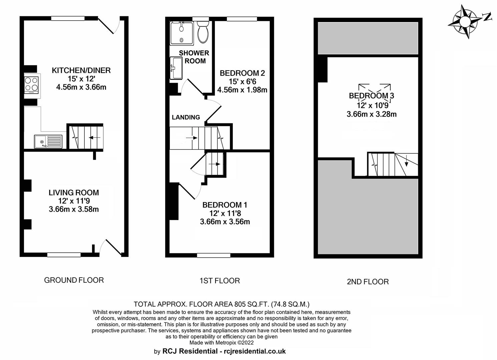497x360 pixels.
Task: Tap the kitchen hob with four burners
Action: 31,85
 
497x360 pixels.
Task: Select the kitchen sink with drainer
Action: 48,141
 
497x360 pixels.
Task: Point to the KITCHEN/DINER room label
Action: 81,70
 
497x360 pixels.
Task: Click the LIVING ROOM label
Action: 74,193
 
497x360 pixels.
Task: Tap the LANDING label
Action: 186,117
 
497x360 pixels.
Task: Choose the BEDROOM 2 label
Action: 242,73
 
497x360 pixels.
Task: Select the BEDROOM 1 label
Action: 225,205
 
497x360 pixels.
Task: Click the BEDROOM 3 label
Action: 372,96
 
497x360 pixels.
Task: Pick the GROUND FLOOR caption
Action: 74,280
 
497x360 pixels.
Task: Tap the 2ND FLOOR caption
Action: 368,282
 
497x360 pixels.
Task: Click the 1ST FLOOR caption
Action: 220,281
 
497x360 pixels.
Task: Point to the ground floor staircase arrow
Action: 94,138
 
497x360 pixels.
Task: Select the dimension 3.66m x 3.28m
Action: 372,114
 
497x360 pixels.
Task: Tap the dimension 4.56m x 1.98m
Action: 242,90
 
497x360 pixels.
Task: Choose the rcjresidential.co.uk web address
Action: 255,351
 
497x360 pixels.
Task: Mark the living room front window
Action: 64,255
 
